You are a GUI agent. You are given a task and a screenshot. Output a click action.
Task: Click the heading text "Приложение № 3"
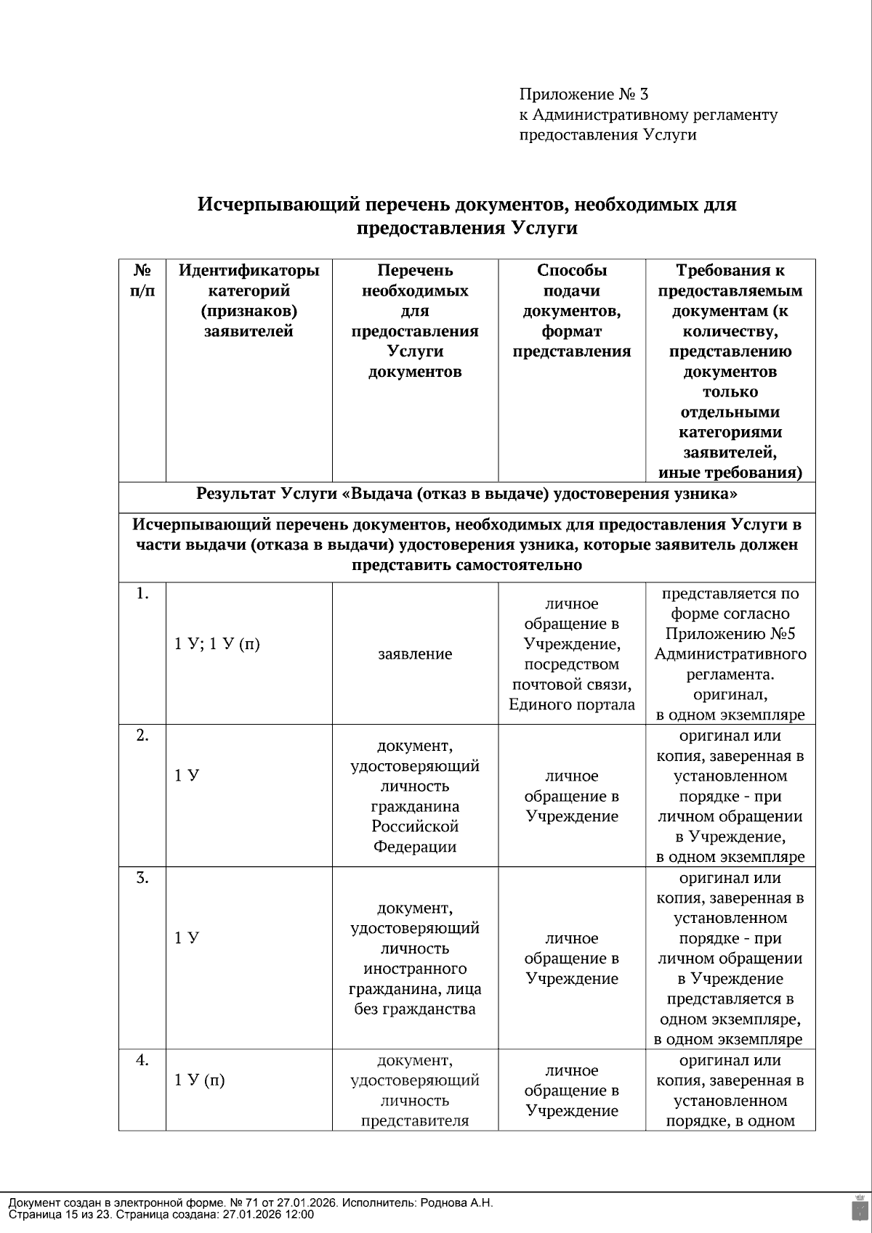[x=584, y=94]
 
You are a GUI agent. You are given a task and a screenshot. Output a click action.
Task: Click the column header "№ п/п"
[x=142, y=280]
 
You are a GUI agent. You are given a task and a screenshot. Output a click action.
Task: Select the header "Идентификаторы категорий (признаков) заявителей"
[x=249, y=301]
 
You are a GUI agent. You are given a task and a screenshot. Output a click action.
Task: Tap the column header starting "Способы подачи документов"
[x=571, y=311]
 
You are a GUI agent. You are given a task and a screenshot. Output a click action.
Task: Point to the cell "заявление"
[x=415, y=654]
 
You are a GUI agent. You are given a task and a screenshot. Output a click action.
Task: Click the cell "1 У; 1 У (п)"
[x=217, y=644]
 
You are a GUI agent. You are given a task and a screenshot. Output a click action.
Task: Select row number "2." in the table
[x=142, y=736]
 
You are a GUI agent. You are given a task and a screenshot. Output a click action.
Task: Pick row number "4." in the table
[x=142, y=1060]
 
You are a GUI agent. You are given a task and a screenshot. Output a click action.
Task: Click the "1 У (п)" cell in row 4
[x=200, y=1081]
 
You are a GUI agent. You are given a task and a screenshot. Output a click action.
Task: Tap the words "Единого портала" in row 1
[x=571, y=704]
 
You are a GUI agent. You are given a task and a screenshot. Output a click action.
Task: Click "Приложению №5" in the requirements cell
[x=730, y=634]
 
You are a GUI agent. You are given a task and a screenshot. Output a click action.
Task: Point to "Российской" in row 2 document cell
[x=415, y=826]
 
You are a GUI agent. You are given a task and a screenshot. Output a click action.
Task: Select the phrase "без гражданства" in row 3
[x=415, y=1009]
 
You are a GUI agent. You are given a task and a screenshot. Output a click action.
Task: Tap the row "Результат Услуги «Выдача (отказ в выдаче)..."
[x=467, y=495]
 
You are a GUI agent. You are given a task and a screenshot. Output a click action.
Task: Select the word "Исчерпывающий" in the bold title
[x=278, y=205]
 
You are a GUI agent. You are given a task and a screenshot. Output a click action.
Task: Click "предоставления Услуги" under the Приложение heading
[x=607, y=135]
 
